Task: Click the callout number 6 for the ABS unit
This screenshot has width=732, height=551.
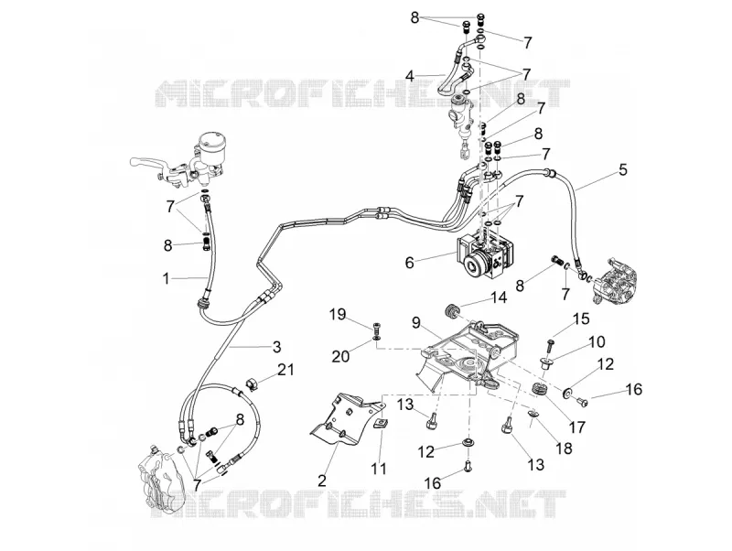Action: [x=409, y=263]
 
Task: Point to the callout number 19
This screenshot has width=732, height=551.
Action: [x=338, y=314]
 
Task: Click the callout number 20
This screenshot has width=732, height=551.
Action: [x=340, y=356]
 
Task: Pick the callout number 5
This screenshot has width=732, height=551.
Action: [x=623, y=169]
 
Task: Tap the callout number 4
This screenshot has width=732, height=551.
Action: [x=409, y=76]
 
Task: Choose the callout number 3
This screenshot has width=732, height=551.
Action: [x=277, y=347]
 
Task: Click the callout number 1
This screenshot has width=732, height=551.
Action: [x=166, y=279]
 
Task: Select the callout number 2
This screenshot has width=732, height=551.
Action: [x=322, y=480]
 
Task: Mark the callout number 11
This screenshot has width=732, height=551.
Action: [x=379, y=468]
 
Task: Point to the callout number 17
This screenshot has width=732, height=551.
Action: [x=577, y=427]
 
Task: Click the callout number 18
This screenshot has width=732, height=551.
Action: [x=564, y=448]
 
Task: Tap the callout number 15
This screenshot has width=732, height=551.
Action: [x=581, y=319]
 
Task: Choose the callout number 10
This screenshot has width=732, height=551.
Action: [x=597, y=341]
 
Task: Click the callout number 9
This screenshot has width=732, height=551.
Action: [x=416, y=322]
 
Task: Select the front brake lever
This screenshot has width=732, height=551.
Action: [x=148, y=164]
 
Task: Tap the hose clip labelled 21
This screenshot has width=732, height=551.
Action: [x=253, y=385]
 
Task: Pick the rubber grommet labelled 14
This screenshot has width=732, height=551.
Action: [x=451, y=310]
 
